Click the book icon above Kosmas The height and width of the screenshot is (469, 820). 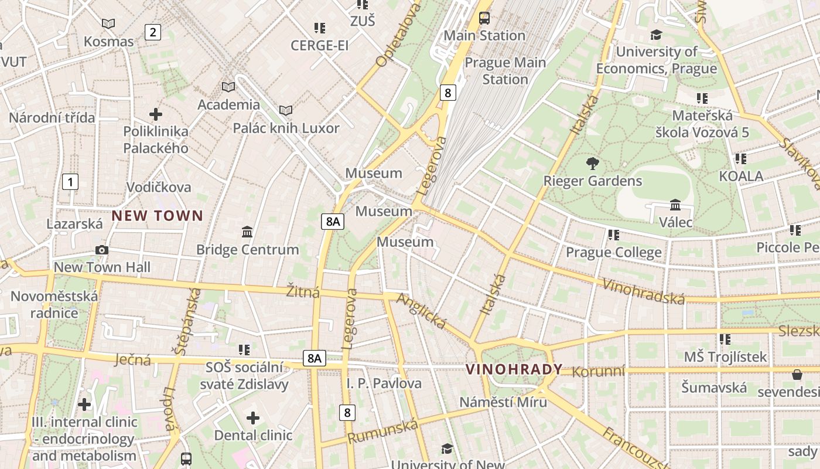click(108, 23)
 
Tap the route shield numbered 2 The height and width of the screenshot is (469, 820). click(153, 32)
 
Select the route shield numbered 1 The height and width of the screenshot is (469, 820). click(70, 182)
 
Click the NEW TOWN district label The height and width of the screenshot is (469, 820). click(157, 216)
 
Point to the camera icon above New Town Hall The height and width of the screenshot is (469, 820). click(102, 250)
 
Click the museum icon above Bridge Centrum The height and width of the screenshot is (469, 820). click(247, 232)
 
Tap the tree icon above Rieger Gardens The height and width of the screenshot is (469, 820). click(593, 163)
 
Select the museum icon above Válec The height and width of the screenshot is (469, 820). click(675, 205)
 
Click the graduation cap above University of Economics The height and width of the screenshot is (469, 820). click(656, 35)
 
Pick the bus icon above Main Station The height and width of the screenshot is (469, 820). click(484, 18)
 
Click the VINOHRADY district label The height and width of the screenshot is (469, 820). click(514, 369)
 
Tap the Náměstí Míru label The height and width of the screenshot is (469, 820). click(503, 402)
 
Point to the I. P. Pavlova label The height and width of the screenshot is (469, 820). click(384, 383)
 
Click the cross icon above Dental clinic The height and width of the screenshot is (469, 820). click(253, 417)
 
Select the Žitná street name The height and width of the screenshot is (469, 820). click(303, 291)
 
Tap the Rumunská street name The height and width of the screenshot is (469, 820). click(383, 431)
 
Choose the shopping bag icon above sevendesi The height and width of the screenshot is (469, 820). click(797, 374)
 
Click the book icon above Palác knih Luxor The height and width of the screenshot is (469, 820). click(286, 110)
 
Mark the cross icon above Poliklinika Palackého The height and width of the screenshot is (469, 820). click(156, 114)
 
